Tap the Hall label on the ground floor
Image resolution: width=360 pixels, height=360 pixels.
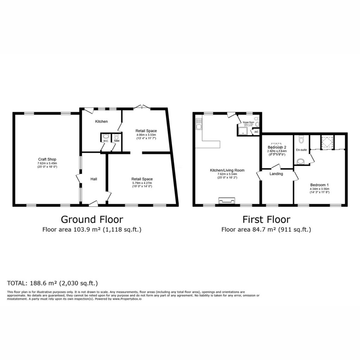pyautogui.click(x=94, y=179)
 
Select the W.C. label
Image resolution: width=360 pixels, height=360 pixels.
pyautogui.click(x=105, y=141)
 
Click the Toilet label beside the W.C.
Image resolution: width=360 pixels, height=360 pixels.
pyautogui.click(x=116, y=141)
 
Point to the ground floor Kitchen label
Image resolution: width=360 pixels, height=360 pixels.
pyautogui.click(x=101, y=122)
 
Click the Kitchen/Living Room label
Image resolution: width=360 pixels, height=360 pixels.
pyautogui.click(x=227, y=170)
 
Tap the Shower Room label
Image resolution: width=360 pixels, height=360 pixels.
pyautogui.click(x=248, y=122)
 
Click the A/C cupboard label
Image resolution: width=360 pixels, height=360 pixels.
pyautogui.click(x=256, y=132)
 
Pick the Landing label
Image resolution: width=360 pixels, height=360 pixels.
pyautogui.click(x=276, y=174)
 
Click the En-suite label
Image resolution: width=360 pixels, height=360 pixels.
pyautogui.click(x=301, y=150)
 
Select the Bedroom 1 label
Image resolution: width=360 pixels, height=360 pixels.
pyautogui.click(x=319, y=185)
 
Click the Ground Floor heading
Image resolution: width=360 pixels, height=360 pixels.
pyautogui.click(x=92, y=219)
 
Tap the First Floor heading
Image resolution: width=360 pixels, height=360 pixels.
pyautogui.click(x=266, y=219)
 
